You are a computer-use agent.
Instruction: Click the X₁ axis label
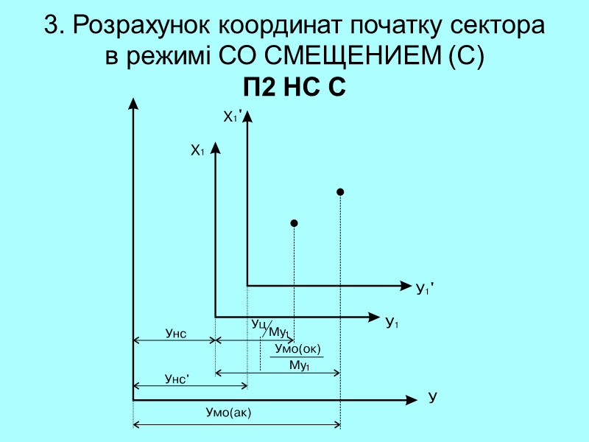coord(197,151)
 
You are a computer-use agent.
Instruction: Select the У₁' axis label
coord(426,290)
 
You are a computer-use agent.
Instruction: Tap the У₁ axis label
coord(392,323)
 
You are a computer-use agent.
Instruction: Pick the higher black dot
coord(340,192)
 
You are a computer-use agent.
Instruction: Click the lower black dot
coord(294,222)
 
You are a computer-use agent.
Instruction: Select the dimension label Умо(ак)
coord(228,413)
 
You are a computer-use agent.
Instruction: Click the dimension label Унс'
coord(177,379)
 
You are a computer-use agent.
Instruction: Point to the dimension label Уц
coord(258,323)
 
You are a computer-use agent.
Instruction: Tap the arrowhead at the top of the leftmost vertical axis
coord(133,105)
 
